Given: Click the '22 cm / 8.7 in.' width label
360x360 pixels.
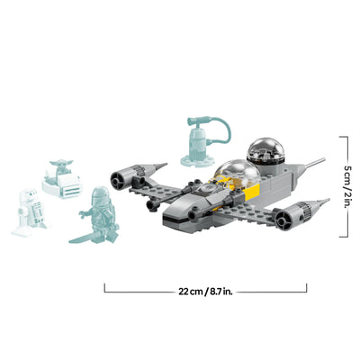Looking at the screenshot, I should (x=205, y=289).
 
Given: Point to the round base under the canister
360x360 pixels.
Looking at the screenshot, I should (x=196, y=161).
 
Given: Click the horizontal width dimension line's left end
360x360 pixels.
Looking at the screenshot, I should (x=105, y=289).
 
